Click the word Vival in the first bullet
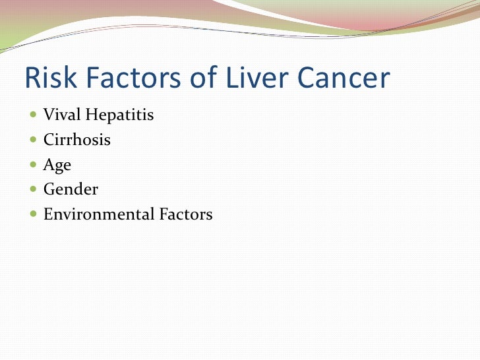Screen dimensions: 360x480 [x=59, y=115]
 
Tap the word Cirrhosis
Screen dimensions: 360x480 [x=76, y=140]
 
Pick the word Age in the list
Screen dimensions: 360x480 [x=57, y=165]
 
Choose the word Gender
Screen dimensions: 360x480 [x=71, y=190]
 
